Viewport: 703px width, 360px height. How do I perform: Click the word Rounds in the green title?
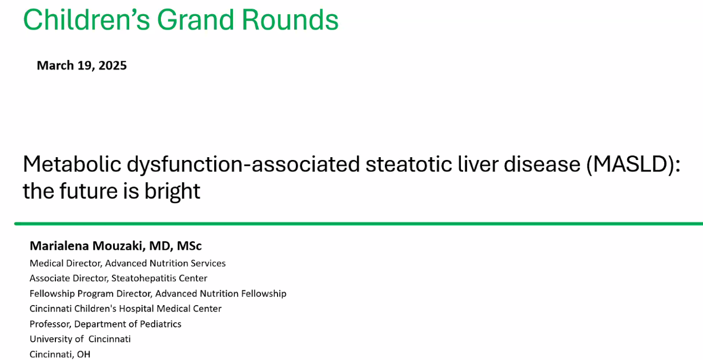point(290,20)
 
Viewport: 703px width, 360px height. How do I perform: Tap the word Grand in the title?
point(195,20)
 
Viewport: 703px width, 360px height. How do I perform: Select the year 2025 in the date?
point(113,65)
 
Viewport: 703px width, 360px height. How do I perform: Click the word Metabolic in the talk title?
point(72,164)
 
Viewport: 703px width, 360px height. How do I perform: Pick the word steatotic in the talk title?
point(409,164)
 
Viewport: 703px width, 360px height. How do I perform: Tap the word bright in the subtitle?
point(172,191)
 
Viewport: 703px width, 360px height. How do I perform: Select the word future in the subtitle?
point(89,191)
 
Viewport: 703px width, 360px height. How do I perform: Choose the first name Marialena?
point(59,246)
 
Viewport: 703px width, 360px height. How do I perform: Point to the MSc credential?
point(189,246)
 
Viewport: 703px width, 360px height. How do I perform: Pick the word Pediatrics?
point(160,323)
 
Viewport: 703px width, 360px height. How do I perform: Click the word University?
point(50,339)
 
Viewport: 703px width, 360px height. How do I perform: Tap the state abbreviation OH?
point(83,354)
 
